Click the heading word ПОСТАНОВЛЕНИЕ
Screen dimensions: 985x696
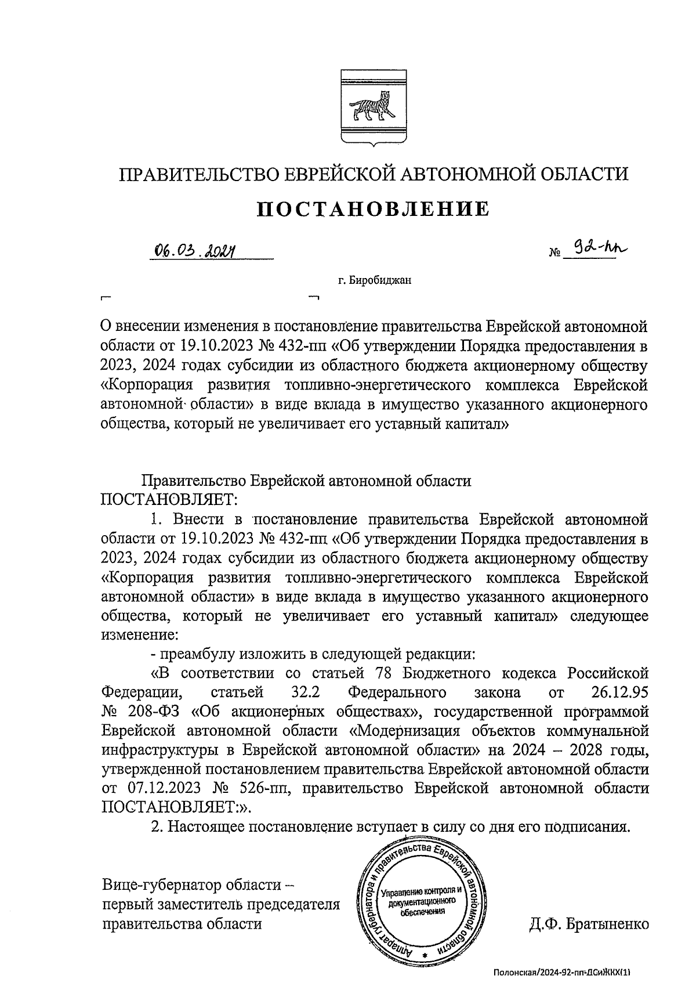click(374, 209)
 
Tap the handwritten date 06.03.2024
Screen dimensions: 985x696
click(197, 251)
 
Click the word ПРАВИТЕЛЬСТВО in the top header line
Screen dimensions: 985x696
click(200, 174)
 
